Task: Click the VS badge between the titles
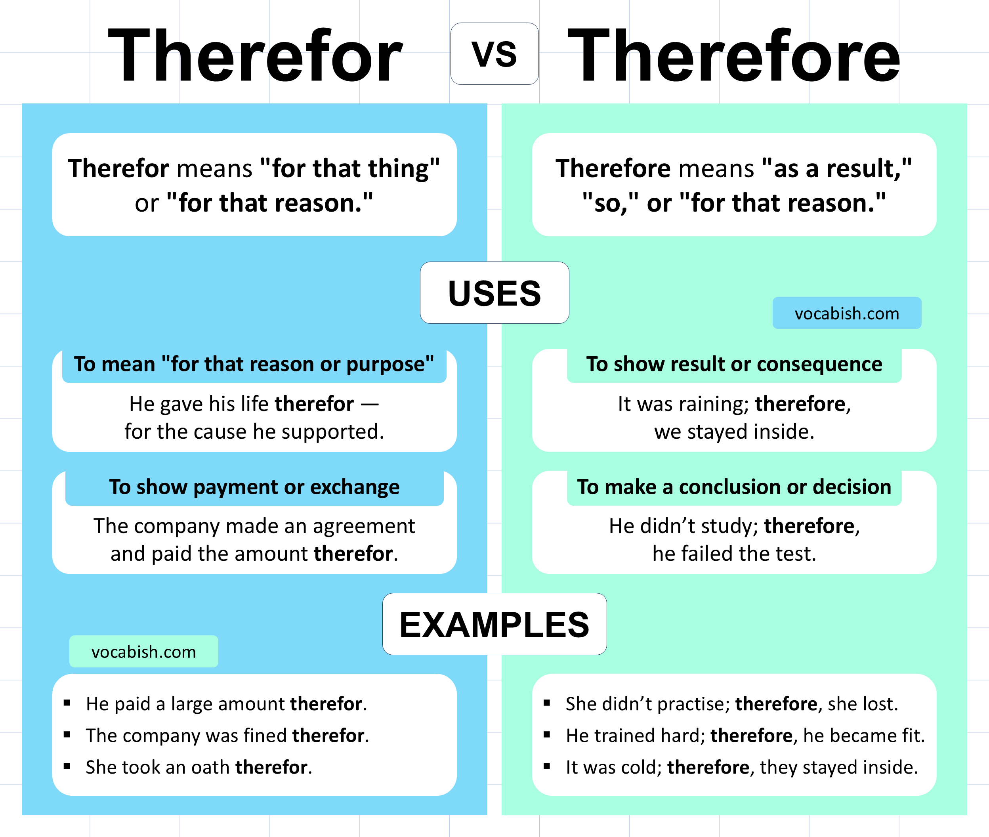click(x=494, y=54)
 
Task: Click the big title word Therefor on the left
click(x=255, y=55)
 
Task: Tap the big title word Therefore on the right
click(x=734, y=55)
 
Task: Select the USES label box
click(x=494, y=293)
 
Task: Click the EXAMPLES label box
click(x=494, y=624)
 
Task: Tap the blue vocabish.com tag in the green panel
click(x=847, y=313)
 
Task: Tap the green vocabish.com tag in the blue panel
click(x=144, y=652)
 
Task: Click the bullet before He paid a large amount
click(x=67, y=703)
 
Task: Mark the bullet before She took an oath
click(x=67, y=766)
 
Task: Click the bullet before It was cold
click(x=547, y=766)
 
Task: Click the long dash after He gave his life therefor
click(x=370, y=405)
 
